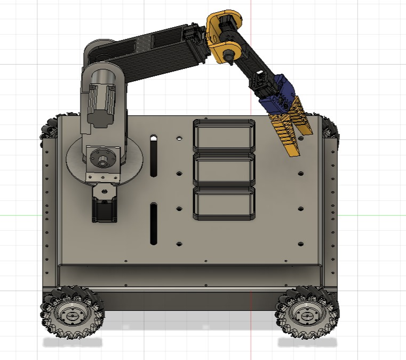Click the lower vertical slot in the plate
pos(154,224)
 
